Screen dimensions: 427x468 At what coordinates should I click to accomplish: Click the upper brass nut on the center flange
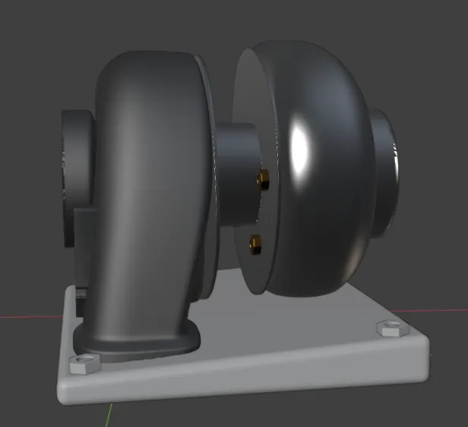point(263,179)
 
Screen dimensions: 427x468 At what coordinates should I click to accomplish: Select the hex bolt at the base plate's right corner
point(388,329)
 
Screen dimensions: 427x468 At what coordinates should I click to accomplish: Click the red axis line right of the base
point(448,310)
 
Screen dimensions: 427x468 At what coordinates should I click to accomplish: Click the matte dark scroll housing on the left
point(152,152)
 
